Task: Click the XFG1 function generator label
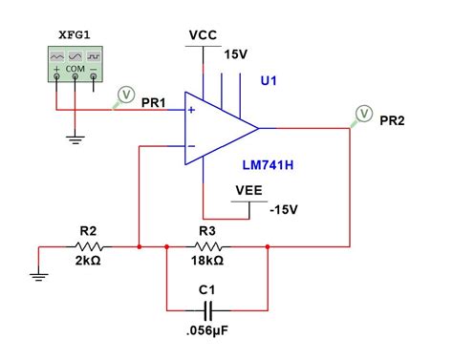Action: [x=76, y=34]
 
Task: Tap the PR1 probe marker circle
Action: [x=124, y=95]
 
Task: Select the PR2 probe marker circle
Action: [x=363, y=115]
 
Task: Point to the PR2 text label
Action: [x=393, y=121]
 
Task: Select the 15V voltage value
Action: [x=236, y=55]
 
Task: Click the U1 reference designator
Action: [x=270, y=82]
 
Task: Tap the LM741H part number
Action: [x=268, y=165]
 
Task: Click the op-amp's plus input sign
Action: [x=192, y=110]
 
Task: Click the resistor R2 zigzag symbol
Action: [x=88, y=246]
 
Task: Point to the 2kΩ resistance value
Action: [x=88, y=261]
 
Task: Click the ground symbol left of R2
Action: [x=38, y=278]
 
